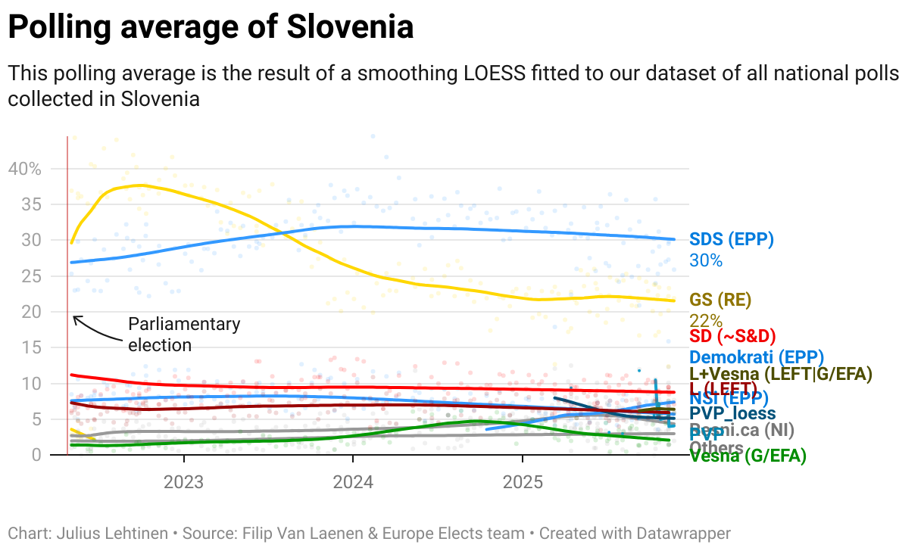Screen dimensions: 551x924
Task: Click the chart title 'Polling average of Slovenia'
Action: tap(211, 28)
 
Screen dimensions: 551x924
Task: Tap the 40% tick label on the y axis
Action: tap(24, 168)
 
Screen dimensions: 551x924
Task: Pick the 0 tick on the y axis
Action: tap(36, 455)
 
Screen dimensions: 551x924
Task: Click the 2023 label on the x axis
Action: tap(183, 482)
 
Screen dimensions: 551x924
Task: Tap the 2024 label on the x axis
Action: tap(352, 482)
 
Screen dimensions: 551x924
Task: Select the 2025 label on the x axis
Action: tap(522, 482)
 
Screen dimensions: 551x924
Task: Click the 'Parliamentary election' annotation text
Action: tap(183, 335)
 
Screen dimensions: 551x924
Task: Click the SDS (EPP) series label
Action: tap(731, 240)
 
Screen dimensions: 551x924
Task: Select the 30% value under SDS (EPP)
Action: tap(706, 261)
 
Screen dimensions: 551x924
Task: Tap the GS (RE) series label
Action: tap(720, 300)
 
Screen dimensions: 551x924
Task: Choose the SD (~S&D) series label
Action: tap(732, 336)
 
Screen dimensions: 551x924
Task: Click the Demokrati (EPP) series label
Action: tap(756, 357)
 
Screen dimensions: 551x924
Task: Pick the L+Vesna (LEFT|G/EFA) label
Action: tap(780, 374)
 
